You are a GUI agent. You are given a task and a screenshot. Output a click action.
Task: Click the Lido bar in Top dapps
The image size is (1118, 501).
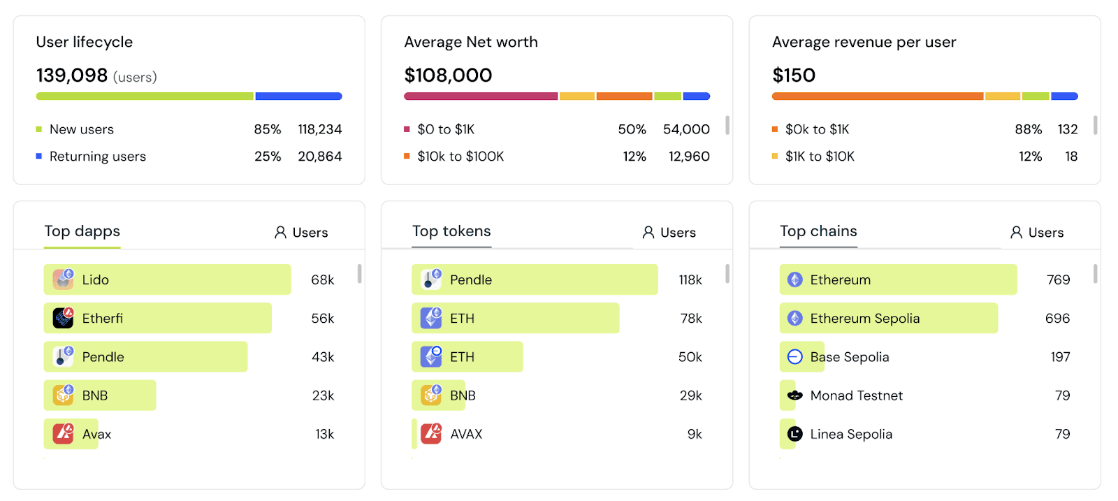(x=167, y=279)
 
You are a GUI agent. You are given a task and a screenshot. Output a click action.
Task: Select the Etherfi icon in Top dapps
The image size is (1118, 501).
(x=64, y=318)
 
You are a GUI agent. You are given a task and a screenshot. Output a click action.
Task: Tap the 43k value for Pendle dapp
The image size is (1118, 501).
(x=323, y=357)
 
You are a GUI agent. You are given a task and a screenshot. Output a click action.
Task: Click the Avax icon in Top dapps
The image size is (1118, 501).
(x=64, y=434)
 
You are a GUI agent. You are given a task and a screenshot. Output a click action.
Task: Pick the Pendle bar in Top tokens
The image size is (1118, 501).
(x=535, y=279)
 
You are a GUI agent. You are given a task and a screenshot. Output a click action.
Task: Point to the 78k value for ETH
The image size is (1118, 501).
(x=691, y=319)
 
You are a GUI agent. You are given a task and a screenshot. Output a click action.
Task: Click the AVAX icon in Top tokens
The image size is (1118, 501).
(x=431, y=434)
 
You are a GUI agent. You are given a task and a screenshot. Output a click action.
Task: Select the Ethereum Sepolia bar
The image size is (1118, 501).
(x=888, y=318)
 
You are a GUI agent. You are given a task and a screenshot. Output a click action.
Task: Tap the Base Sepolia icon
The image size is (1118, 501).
(x=794, y=357)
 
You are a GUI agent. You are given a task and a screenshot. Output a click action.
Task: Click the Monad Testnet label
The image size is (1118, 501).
(x=857, y=395)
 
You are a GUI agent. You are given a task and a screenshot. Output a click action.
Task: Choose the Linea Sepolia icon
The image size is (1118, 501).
(x=794, y=434)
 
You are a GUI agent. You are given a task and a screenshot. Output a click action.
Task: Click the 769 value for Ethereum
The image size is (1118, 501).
(x=1058, y=279)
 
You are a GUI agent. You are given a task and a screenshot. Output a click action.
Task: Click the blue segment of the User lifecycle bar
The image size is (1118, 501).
(x=298, y=96)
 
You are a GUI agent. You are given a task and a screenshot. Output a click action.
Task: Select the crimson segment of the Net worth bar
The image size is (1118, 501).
(x=481, y=96)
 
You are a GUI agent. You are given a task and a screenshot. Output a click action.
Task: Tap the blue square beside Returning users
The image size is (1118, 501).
(x=39, y=157)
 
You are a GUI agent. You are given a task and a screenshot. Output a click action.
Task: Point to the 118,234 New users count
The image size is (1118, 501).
(x=320, y=129)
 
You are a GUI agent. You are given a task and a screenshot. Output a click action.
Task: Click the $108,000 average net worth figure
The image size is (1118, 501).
(x=448, y=75)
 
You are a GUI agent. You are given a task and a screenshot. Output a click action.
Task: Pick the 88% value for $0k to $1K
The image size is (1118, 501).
(x=1028, y=129)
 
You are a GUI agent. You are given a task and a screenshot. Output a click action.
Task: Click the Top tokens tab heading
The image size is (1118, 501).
(x=451, y=231)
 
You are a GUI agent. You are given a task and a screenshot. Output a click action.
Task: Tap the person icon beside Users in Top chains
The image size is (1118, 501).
(x=1016, y=232)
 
